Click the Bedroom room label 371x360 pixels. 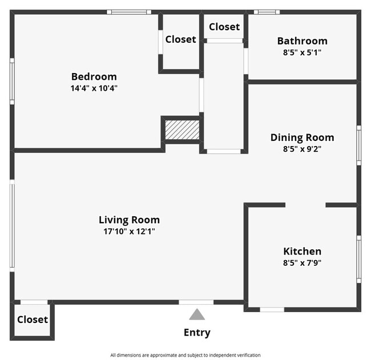pyautogui.click(x=94, y=76)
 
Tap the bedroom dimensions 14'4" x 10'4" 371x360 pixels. pyautogui.click(x=94, y=88)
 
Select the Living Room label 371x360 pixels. pyautogui.click(x=129, y=220)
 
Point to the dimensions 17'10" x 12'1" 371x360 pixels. pyautogui.click(x=129, y=232)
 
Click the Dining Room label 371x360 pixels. pyautogui.click(x=302, y=137)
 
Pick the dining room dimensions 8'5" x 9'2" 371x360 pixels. pyautogui.click(x=302, y=149)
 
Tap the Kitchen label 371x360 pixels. pyautogui.click(x=302, y=251)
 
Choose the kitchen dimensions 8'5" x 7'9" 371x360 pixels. pyautogui.click(x=302, y=263)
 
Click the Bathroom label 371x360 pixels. pyautogui.click(x=302, y=41)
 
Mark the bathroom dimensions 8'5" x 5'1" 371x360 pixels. pyautogui.click(x=302, y=52)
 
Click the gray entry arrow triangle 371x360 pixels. pyautogui.click(x=197, y=314)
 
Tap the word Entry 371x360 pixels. pyautogui.click(x=197, y=333)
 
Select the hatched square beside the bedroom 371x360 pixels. pyautogui.click(x=182, y=130)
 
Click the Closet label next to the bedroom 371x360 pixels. pyautogui.click(x=180, y=39)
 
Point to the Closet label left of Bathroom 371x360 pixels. pyautogui.click(x=224, y=27)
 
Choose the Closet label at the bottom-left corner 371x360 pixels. pyautogui.click(x=33, y=319)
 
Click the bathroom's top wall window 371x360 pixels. pyautogui.click(x=267, y=11)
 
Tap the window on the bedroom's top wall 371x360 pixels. pyautogui.click(x=129, y=11)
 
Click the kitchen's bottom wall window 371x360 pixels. pyautogui.click(x=272, y=310)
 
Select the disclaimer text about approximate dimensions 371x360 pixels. pyautogui.click(x=185, y=355)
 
